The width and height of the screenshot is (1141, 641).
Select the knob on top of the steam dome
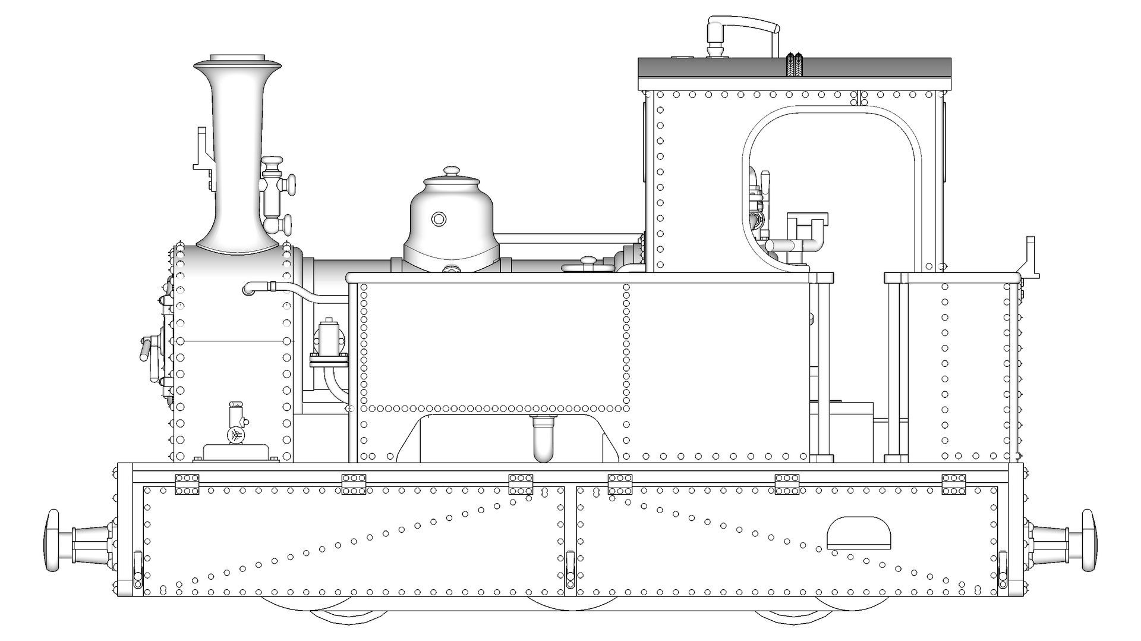click(452, 171)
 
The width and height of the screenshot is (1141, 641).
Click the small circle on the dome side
click(439, 219)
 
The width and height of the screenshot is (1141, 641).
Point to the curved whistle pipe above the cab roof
click(743, 27)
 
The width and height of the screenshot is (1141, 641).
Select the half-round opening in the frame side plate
click(859, 533)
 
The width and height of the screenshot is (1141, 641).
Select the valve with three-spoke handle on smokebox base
click(237, 435)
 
